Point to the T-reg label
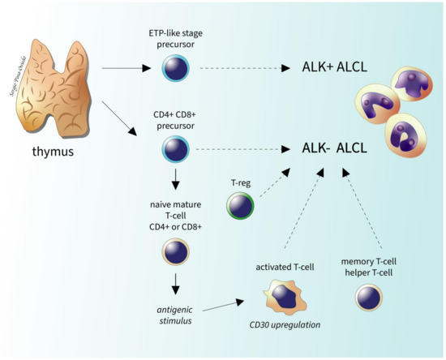tap(240, 182)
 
